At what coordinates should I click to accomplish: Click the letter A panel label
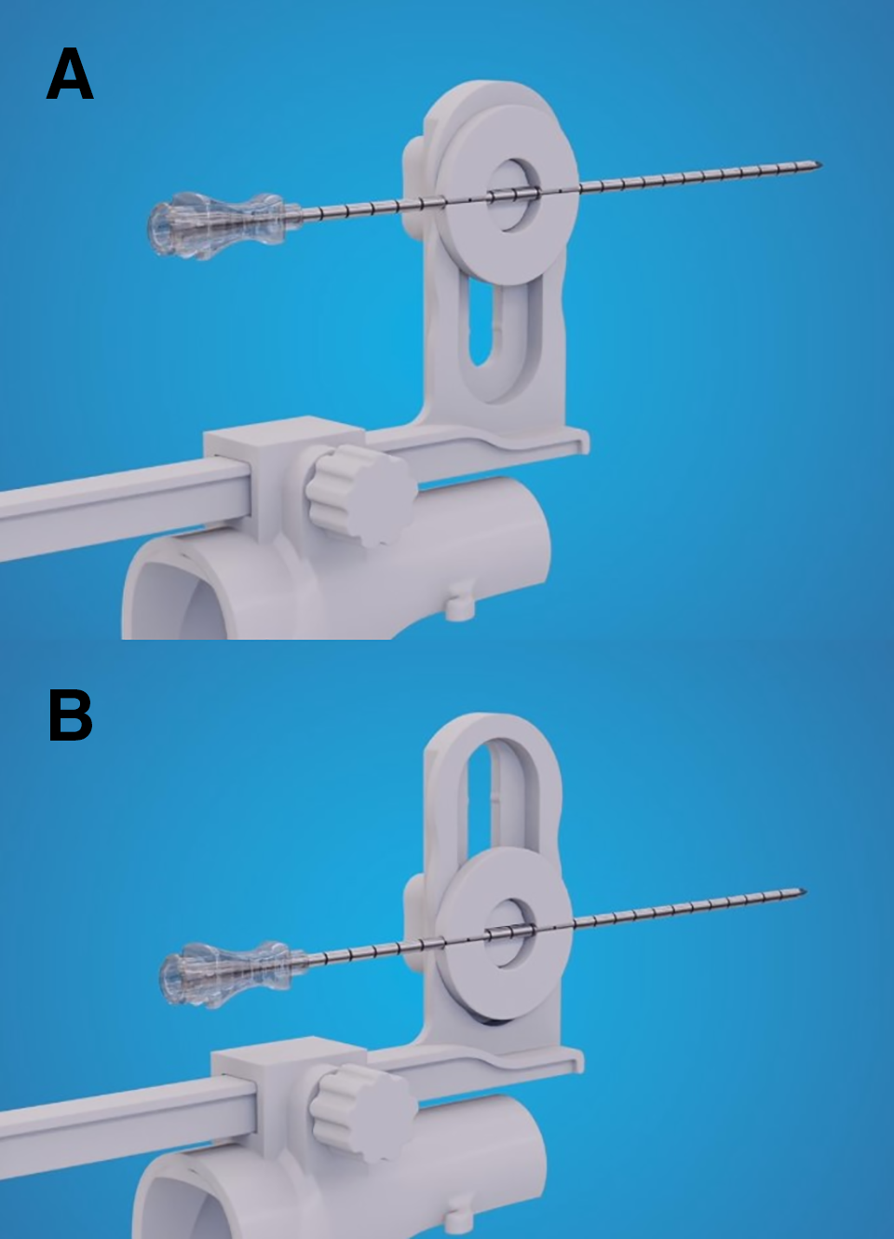coord(70,74)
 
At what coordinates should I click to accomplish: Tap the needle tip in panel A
coord(821,164)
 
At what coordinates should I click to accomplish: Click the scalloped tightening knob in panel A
coord(357,495)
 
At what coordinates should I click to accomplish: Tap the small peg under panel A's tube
coord(460,606)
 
